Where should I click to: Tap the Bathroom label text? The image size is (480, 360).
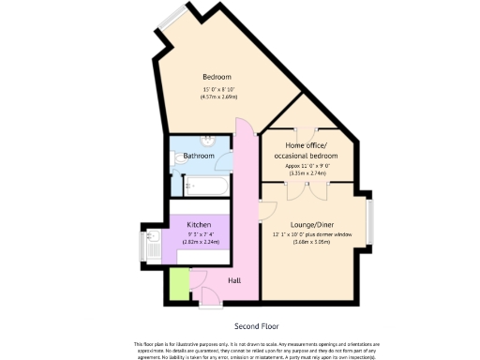coord(199,156)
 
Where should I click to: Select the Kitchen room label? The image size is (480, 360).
coord(198,225)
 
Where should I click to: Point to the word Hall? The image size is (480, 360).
coord(234,280)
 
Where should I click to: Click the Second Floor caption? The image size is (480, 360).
coord(257,326)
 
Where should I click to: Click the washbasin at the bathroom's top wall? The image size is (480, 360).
coord(206,141)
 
